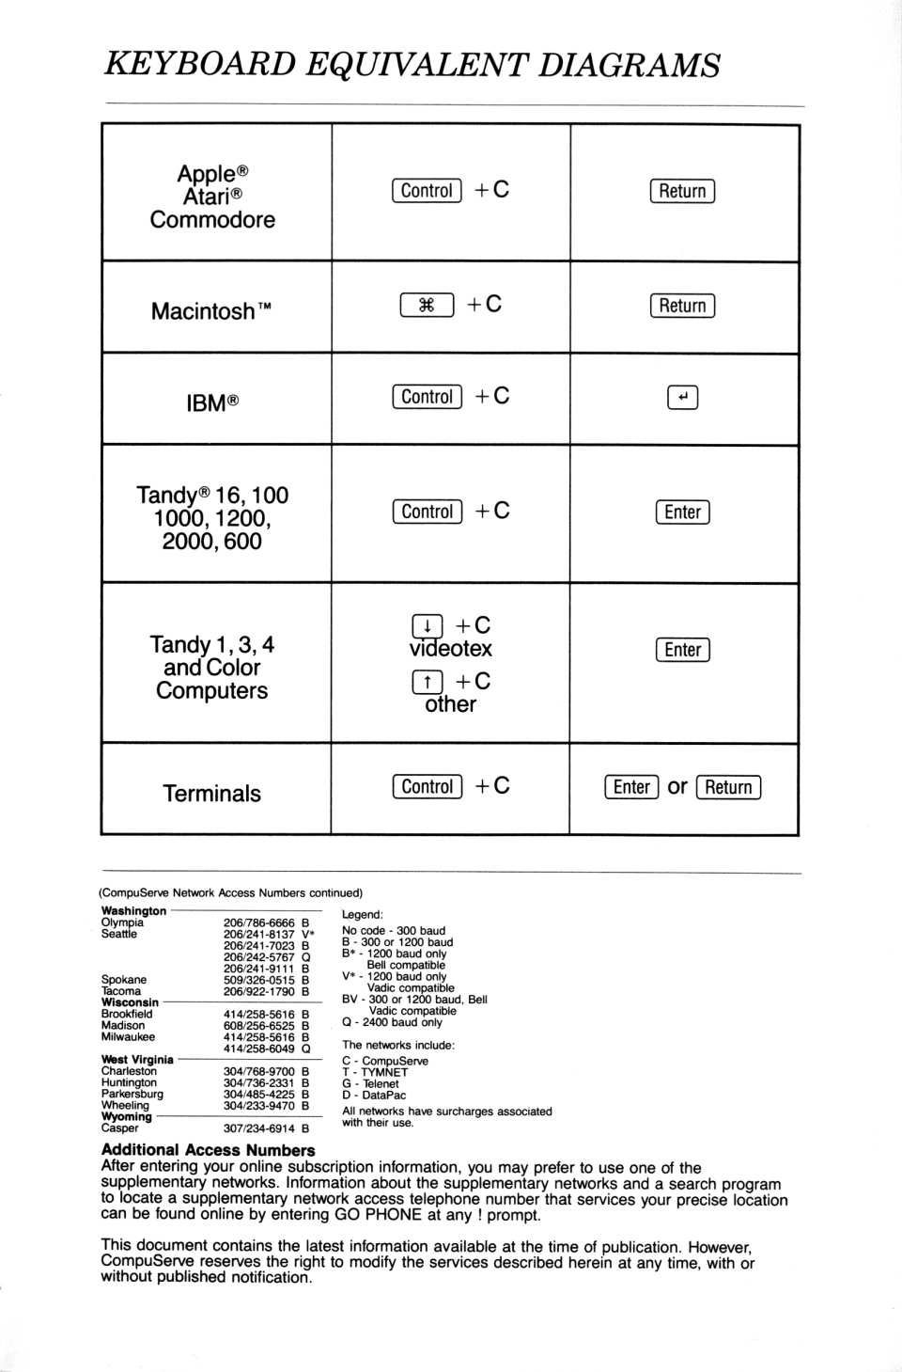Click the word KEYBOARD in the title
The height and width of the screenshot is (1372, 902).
199,64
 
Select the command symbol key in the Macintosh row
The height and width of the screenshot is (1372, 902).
427,305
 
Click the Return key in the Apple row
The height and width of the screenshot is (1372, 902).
682,191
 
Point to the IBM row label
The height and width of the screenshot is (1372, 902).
212,403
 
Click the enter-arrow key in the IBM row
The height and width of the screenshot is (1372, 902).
682,398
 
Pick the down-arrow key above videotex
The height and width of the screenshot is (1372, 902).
427,626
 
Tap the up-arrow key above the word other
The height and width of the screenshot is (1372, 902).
427,682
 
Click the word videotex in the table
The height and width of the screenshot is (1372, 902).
451,649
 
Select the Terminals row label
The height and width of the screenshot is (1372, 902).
212,794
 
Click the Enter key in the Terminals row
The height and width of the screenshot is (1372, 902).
631,787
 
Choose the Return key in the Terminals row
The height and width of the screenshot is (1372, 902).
728,787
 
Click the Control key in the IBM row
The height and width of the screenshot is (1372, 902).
427,397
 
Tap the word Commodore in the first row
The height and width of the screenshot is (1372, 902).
212,220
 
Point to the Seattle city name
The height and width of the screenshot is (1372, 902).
119,934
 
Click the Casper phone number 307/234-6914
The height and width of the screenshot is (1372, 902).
258,1128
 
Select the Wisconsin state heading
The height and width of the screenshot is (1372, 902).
130,1002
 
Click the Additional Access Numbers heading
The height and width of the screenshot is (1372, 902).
208,1150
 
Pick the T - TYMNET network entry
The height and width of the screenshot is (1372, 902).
375,1072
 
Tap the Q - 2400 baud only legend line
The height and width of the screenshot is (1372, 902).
392,1022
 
